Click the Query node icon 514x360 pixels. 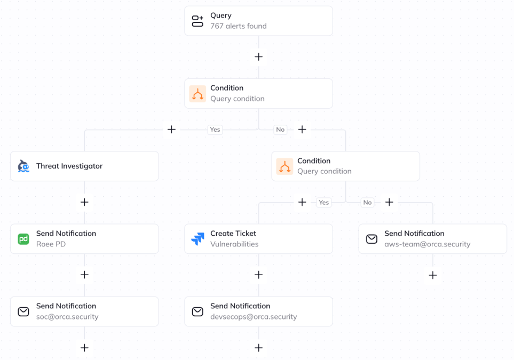197,21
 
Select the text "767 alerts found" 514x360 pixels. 238,26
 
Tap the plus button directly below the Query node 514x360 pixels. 259,57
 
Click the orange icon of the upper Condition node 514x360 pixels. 197,94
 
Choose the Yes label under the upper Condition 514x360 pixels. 215,130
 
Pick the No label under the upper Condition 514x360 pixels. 280,130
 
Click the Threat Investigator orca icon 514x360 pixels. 23,166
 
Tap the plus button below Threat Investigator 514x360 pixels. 84,202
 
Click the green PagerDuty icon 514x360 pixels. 23,239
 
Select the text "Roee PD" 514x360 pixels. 51,244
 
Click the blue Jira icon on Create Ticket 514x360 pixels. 197,239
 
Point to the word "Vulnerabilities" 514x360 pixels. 234,244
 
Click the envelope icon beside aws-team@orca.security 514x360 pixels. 371,239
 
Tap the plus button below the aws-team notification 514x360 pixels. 433,275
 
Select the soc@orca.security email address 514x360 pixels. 67,317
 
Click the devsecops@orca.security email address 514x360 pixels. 254,317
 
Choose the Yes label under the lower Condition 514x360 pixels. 324,203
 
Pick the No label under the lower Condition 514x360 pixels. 367,203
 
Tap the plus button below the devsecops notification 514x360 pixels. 259,348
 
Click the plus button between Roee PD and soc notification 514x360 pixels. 84,275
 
